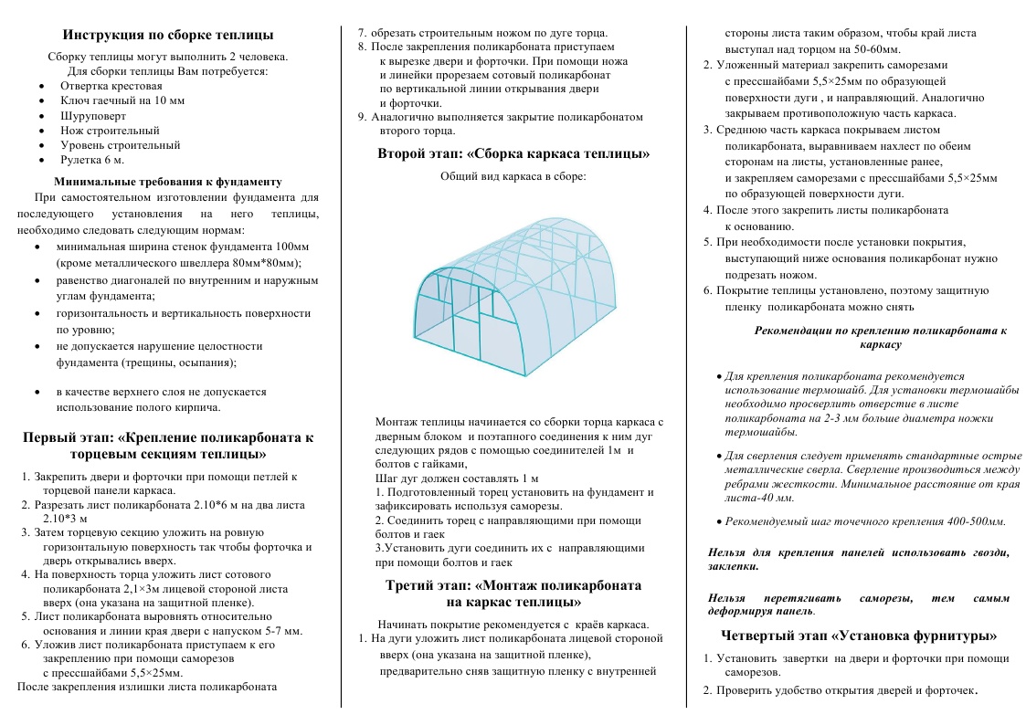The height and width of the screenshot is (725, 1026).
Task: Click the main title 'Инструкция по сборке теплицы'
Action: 167,36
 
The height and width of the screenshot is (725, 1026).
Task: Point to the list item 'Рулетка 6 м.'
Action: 92,160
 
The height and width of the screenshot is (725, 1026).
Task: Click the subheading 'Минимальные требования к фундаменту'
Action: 168,182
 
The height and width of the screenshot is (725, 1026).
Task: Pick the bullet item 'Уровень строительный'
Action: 121,145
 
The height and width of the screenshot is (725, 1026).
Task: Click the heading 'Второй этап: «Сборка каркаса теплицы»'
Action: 513,153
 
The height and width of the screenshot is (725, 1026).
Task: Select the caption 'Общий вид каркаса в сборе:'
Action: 513,176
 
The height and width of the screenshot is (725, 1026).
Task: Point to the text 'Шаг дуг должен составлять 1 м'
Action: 457,478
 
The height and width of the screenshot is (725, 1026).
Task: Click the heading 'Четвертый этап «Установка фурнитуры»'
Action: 858,636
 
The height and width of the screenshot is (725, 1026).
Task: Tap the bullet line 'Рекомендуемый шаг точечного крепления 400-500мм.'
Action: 864,521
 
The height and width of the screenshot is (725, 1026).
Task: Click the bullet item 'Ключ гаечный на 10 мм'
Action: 122,100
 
